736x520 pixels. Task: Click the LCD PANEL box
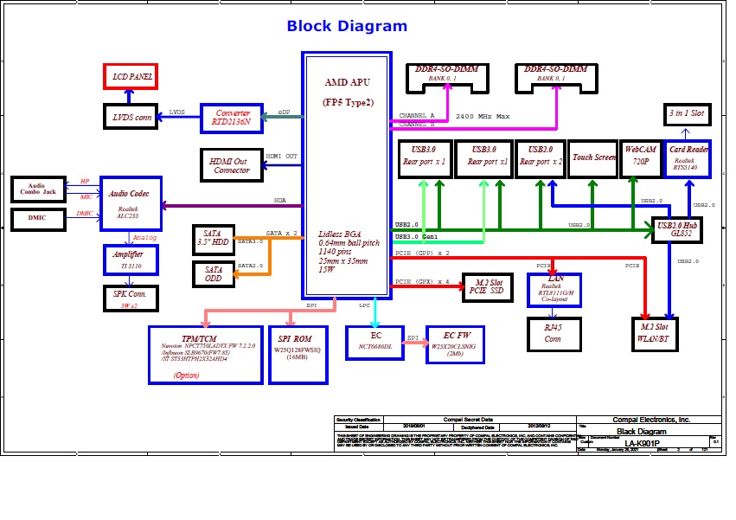tap(130, 77)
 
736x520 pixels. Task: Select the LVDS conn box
tap(131, 117)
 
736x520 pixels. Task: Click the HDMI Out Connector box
tap(231, 164)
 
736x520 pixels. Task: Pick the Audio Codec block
tap(131, 203)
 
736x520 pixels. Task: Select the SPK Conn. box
tap(128, 299)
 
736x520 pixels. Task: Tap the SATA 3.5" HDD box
tap(213, 239)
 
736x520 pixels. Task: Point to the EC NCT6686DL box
tap(375, 341)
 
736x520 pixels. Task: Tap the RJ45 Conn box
tap(553, 334)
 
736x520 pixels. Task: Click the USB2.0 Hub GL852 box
tap(676, 230)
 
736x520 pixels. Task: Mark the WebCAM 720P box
tap(642, 157)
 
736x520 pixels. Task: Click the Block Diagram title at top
tap(347, 26)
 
